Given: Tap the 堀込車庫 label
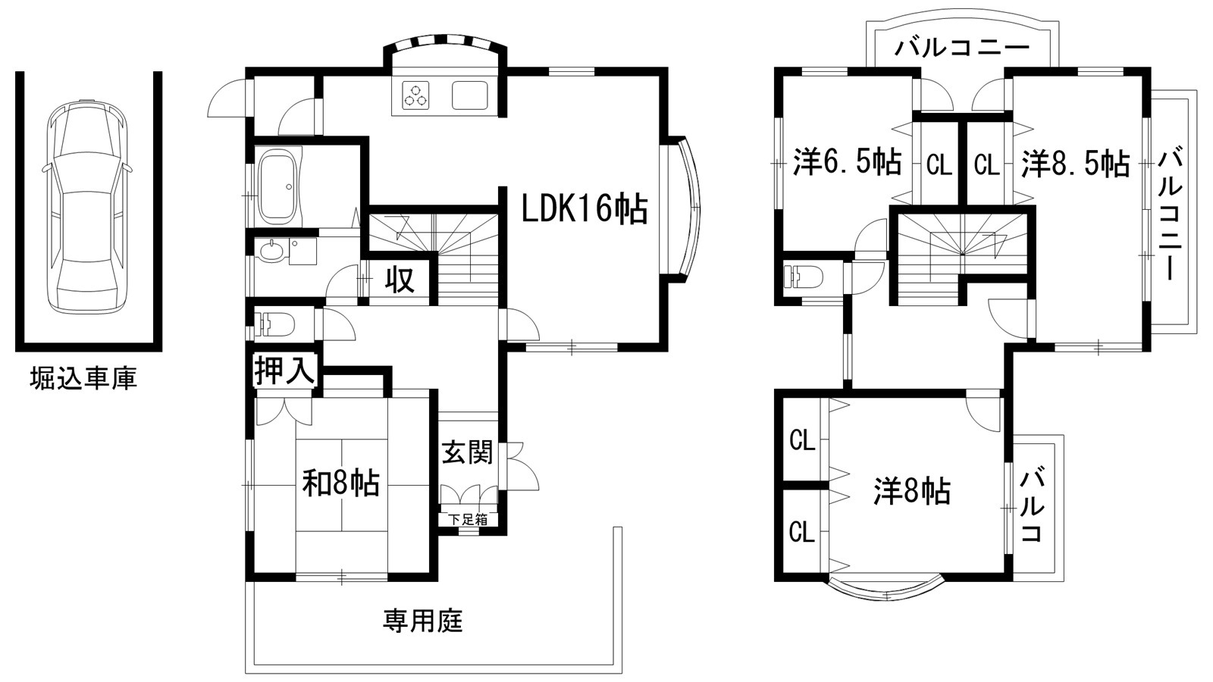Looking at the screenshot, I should click(83, 378).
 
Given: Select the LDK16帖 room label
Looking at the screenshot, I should click(585, 208).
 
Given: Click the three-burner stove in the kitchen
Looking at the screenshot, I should click(415, 95).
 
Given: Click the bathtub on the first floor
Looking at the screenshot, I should click(277, 187).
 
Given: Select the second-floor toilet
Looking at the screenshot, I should click(804, 277).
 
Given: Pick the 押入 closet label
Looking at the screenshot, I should click(284, 371).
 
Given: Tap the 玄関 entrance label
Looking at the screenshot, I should click(467, 452).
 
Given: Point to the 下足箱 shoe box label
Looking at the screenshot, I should click(467, 520).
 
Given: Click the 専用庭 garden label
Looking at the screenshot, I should click(422, 621).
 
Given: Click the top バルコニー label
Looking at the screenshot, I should click(961, 48).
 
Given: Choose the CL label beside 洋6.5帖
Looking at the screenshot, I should click(939, 164).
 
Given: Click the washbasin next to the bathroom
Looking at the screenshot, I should click(270, 251).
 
